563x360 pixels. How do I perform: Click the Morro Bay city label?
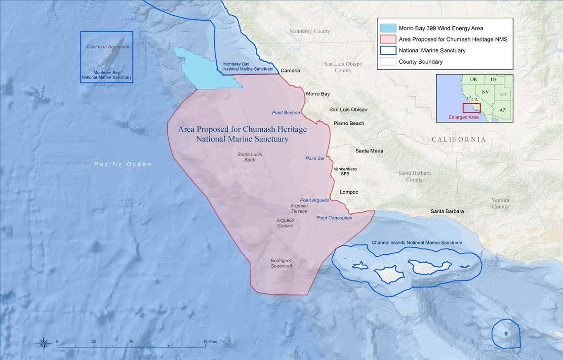pos(318,94)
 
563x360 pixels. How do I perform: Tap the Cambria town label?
pos(290,71)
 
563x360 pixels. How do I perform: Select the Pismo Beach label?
pos(349,123)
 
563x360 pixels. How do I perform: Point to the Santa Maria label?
pos(369,151)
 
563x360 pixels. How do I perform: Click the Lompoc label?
pos(349,192)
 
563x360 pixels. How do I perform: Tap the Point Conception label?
pos(334,218)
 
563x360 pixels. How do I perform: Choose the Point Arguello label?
pos(315,200)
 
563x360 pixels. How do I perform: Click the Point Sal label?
pos(315,159)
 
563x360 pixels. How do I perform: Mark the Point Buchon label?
pos(285,113)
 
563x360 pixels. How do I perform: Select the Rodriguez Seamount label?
pos(281,263)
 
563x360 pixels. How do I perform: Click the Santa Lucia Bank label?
pos(249,157)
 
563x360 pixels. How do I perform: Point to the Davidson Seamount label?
pos(108,47)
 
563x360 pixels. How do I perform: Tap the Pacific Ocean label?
pos(123,164)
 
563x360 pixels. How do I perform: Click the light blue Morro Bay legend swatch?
pos(388,28)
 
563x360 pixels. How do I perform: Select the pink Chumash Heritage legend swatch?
pos(388,39)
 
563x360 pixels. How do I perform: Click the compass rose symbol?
pos(43,343)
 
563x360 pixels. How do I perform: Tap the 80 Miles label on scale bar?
pos(209,342)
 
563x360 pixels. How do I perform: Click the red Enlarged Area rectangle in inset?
pos(471,108)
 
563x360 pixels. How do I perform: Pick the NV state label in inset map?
pos(485,92)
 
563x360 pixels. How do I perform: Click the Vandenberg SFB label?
pos(345,171)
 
